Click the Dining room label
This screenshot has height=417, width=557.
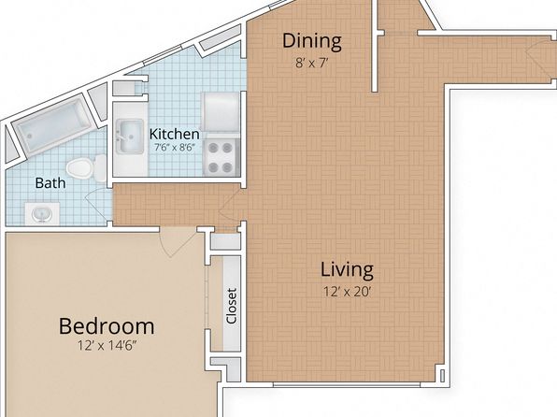pyautogui.click(x=312, y=41)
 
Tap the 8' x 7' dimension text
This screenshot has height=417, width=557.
pyautogui.click(x=311, y=64)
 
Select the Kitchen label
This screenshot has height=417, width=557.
pyautogui.click(x=175, y=134)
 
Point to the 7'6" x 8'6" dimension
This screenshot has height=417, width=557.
pyautogui.click(x=175, y=147)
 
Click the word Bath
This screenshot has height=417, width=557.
pyautogui.click(x=50, y=183)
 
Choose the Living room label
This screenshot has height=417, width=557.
pyautogui.click(x=347, y=269)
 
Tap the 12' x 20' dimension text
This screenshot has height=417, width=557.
pyautogui.click(x=347, y=292)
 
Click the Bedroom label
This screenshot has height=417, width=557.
pyautogui.click(x=107, y=326)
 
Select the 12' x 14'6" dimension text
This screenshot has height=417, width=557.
pyautogui.click(x=107, y=345)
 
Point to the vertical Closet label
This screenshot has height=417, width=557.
pyautogui.click(x=231, y=306)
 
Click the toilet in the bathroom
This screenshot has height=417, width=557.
pyautogui.click(x=86, y=167)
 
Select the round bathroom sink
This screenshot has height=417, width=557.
pyautogui.click(x=42, y=214)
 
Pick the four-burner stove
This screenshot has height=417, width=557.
pyautogui.click(x=221, y=157)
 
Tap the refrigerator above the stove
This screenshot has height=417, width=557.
pyautogui.click(x=221, y=112)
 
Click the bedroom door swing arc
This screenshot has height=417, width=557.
pyautogui.click(x=178, y=243)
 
